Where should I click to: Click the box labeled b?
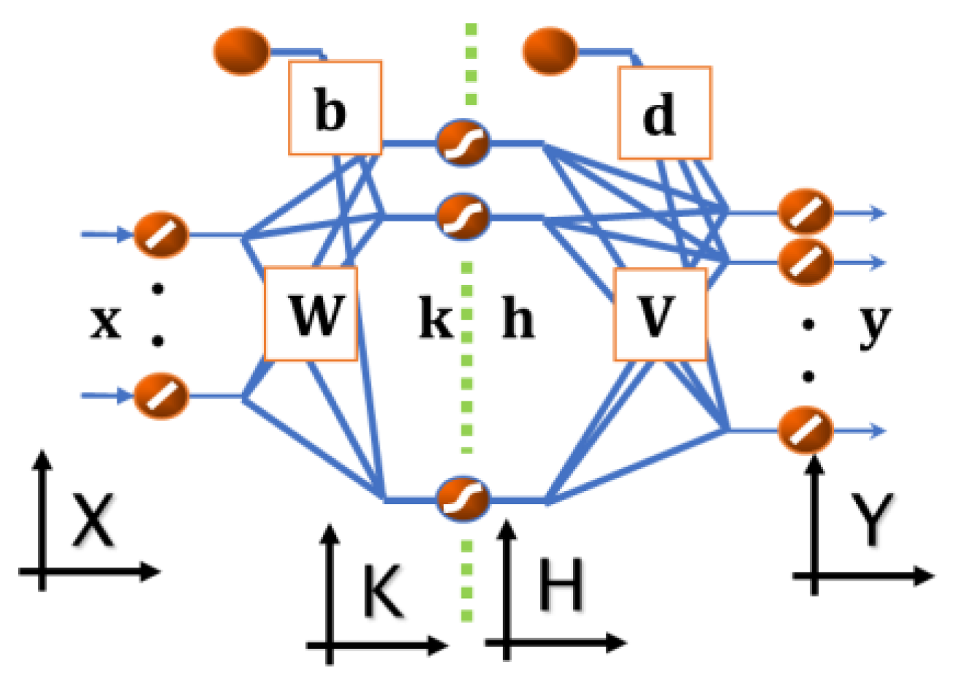point(335,108)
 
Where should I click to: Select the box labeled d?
point(663,113)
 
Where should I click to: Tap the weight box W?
point(311,314)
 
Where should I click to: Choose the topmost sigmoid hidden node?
point(463,142)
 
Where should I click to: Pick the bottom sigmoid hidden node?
point(463,498)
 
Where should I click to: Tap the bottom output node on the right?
point(806,430)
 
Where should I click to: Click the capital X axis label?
point(93,521)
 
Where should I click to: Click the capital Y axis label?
point(871,519)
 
